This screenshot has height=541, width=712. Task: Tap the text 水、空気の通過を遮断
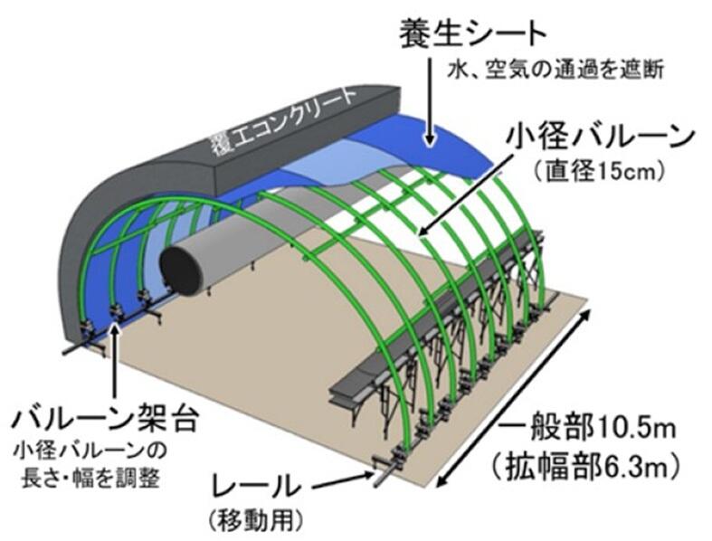562,70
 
